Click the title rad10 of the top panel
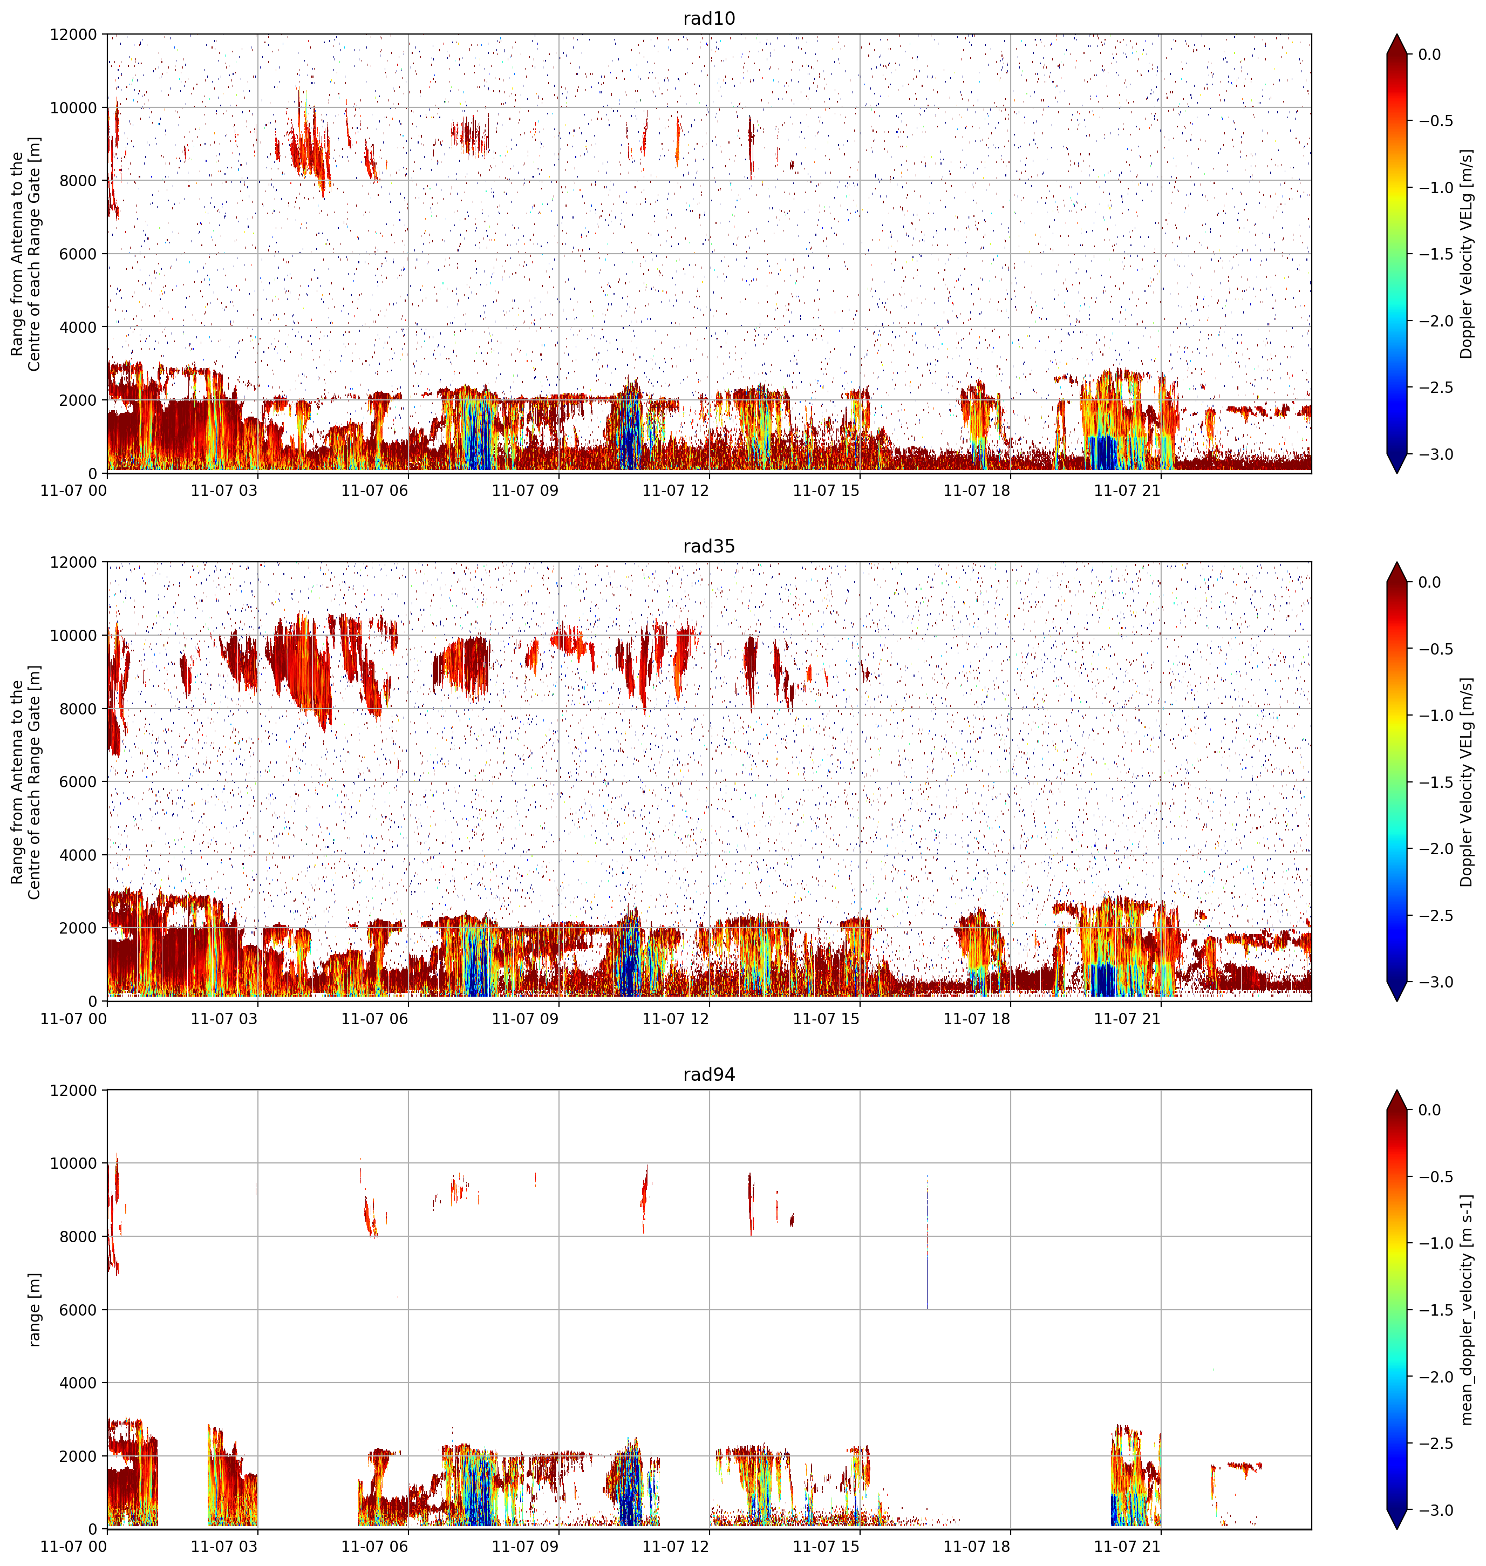(709, 18)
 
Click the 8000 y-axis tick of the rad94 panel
(78, 1236)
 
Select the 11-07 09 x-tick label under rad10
(525, 491)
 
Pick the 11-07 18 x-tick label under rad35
(977, 1019)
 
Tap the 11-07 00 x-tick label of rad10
(74, 491)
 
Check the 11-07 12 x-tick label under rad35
(676, 1019)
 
